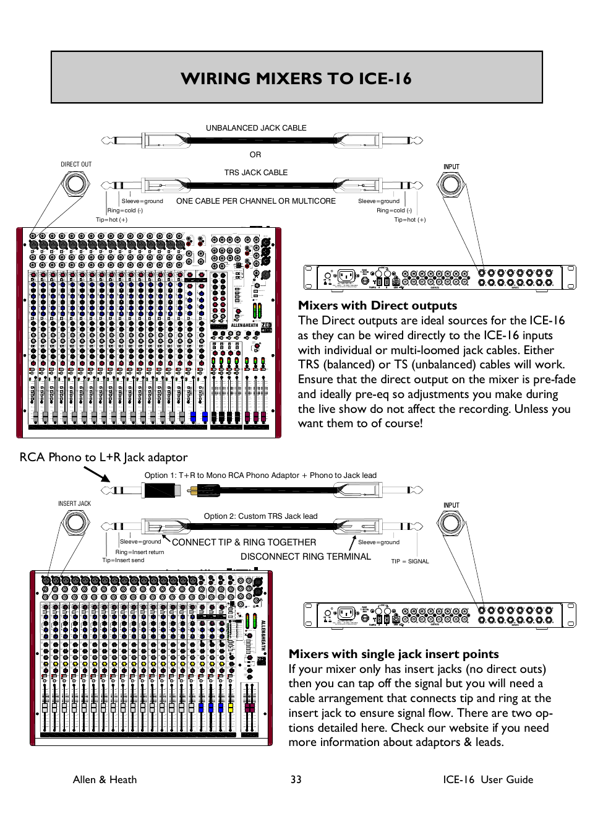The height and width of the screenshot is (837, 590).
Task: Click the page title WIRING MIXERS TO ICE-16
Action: point(296,79)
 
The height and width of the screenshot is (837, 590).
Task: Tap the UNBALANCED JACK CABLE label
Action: point(256,128)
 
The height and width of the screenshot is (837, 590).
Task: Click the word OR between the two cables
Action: point(255,155)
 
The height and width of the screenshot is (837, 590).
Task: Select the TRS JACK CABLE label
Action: point(256,173)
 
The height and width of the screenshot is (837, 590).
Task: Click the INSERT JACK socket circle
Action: point(75,523)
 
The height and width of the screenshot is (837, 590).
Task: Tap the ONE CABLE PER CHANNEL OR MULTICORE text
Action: point(256,201)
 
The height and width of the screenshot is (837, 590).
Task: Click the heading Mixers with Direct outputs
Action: point(377,305)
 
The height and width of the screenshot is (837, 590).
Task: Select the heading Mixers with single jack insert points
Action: point(393,654)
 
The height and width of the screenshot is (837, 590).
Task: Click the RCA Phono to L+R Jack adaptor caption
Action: point(103,458)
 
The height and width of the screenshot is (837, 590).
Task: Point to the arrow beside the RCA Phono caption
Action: point(96,474)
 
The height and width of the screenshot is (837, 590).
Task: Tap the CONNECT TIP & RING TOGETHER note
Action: point(244,542)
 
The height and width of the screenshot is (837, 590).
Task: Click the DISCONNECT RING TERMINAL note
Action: point(306,557)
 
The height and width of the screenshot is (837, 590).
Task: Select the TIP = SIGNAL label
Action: point(409,562)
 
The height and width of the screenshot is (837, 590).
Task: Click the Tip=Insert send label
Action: point(123,560)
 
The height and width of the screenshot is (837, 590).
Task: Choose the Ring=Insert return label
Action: point(140,552)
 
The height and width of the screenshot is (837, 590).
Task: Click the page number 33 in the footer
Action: point(296,779)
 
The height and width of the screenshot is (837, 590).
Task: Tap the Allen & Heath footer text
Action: point(105,779)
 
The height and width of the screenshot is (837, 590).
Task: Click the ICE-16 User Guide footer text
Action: point(487,779)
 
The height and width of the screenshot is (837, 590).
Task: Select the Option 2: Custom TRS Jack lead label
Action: point(260,516)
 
